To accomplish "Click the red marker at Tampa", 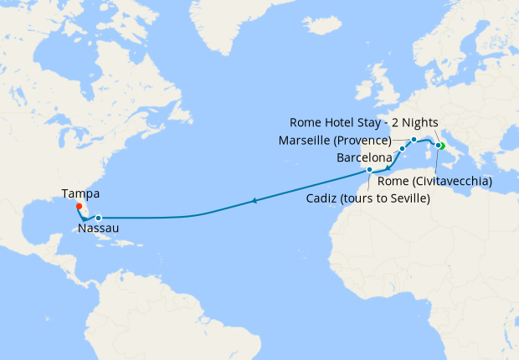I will [79, 206].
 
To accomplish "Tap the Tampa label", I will [80, 193].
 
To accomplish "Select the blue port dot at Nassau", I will [98, 218].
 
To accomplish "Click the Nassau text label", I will [98, 227].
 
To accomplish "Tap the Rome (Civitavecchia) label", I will [435, 180].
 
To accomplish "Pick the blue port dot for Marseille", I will [414, 139].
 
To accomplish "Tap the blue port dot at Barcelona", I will [402, 149].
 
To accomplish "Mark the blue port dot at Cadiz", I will [369, 170].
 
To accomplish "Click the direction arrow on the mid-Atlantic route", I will [254, 201].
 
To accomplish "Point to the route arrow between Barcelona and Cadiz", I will [388, 166].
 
